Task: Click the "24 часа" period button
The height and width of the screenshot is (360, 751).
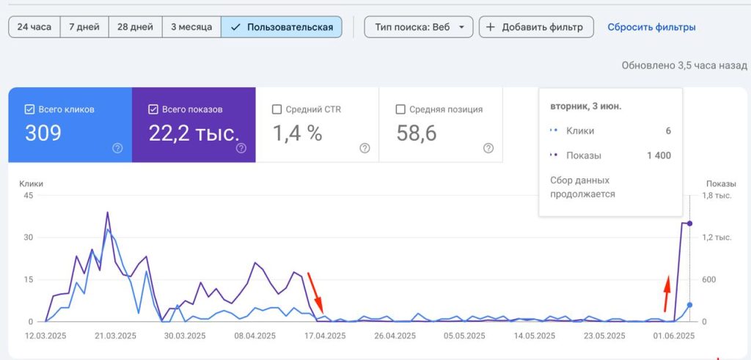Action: coord(34,27)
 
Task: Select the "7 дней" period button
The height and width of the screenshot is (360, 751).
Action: coord(84,27)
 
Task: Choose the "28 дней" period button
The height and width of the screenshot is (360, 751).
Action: coord(136,27)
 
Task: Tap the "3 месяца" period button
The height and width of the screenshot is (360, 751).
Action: coord(191,27)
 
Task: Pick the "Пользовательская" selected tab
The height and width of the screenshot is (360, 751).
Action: coord(282,27)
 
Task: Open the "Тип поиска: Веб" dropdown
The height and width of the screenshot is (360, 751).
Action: coord(419,27)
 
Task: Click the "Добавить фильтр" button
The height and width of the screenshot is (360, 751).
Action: coord(536,27)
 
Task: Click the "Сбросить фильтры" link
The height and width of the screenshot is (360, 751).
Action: coord(651,27)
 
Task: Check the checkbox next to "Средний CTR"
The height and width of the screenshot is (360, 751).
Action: coord(276,110)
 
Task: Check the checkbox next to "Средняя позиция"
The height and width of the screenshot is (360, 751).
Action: coord(400,110)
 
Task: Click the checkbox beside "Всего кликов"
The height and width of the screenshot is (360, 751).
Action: coord(29,110)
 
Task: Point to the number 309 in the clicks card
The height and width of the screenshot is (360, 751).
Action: coord(43,133)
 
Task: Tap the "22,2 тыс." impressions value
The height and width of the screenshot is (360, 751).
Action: coord(194,133)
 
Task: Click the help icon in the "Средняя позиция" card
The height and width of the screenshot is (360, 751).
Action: coord(488,148)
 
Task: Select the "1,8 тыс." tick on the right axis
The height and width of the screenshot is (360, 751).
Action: coord(717,195)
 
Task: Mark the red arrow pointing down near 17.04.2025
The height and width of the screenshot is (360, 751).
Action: coord(315,293)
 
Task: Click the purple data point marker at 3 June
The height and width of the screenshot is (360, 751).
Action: coord(689,224)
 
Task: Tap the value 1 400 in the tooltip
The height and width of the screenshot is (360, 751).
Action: coord(659,155)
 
